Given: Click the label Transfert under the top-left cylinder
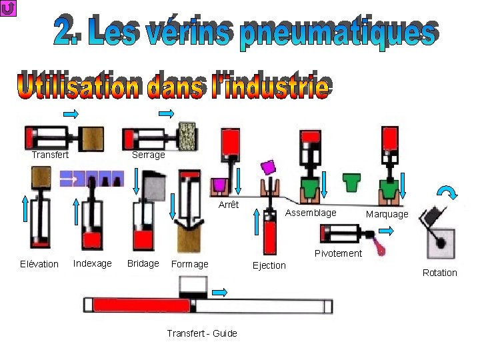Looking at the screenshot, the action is (50, 155).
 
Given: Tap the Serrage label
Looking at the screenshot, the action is (148, 155).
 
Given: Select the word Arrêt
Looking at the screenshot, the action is (229, 205).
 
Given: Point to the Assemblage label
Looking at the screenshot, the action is (311, 213).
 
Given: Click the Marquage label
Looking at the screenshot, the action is (387, 214).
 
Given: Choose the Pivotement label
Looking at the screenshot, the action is (338, 253).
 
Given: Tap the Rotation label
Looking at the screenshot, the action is (440, 273).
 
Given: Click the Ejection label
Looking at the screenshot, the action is (269, 265).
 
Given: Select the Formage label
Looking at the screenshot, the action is (190, 264).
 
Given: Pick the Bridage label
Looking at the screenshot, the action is (143, 263).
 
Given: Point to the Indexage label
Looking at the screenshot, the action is (92, 263).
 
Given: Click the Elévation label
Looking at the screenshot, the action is (39, 264).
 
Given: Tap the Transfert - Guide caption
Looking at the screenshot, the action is (202, 333).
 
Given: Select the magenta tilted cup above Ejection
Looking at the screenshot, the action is (268, 166).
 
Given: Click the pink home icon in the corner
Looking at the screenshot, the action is (9, 9).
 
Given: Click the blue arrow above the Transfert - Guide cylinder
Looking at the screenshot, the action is (220, 292).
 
